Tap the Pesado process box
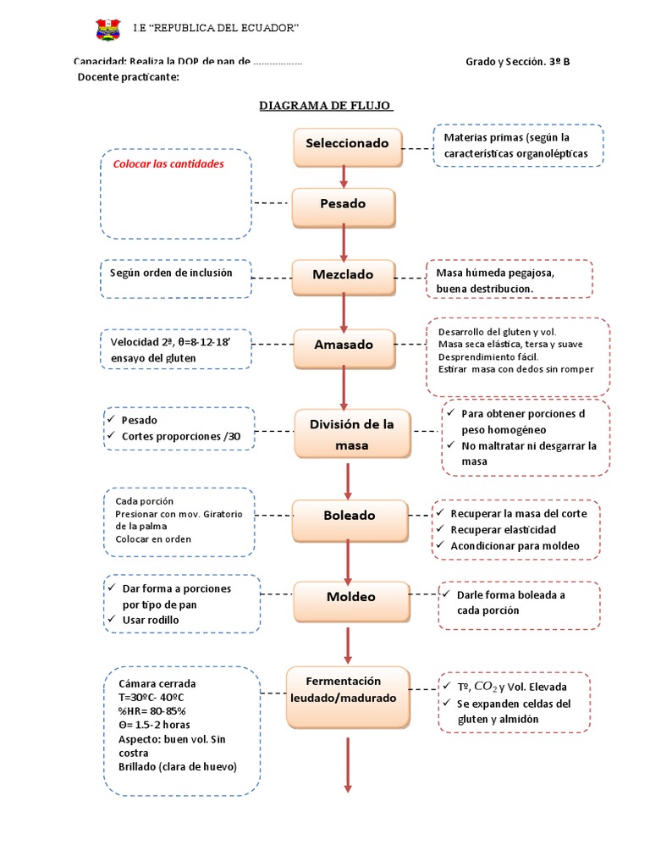click(343, 204)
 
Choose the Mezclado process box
click(343, 274)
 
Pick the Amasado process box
click(343, 345)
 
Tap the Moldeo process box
click(350, 598)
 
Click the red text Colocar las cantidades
click(168, 163)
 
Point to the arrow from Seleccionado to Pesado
click(344, 176)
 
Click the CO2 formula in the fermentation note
click(486, 686)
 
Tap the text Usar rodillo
click(151, 621)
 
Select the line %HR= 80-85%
click(152, 710)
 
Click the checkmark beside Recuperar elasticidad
click(441, 529)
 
